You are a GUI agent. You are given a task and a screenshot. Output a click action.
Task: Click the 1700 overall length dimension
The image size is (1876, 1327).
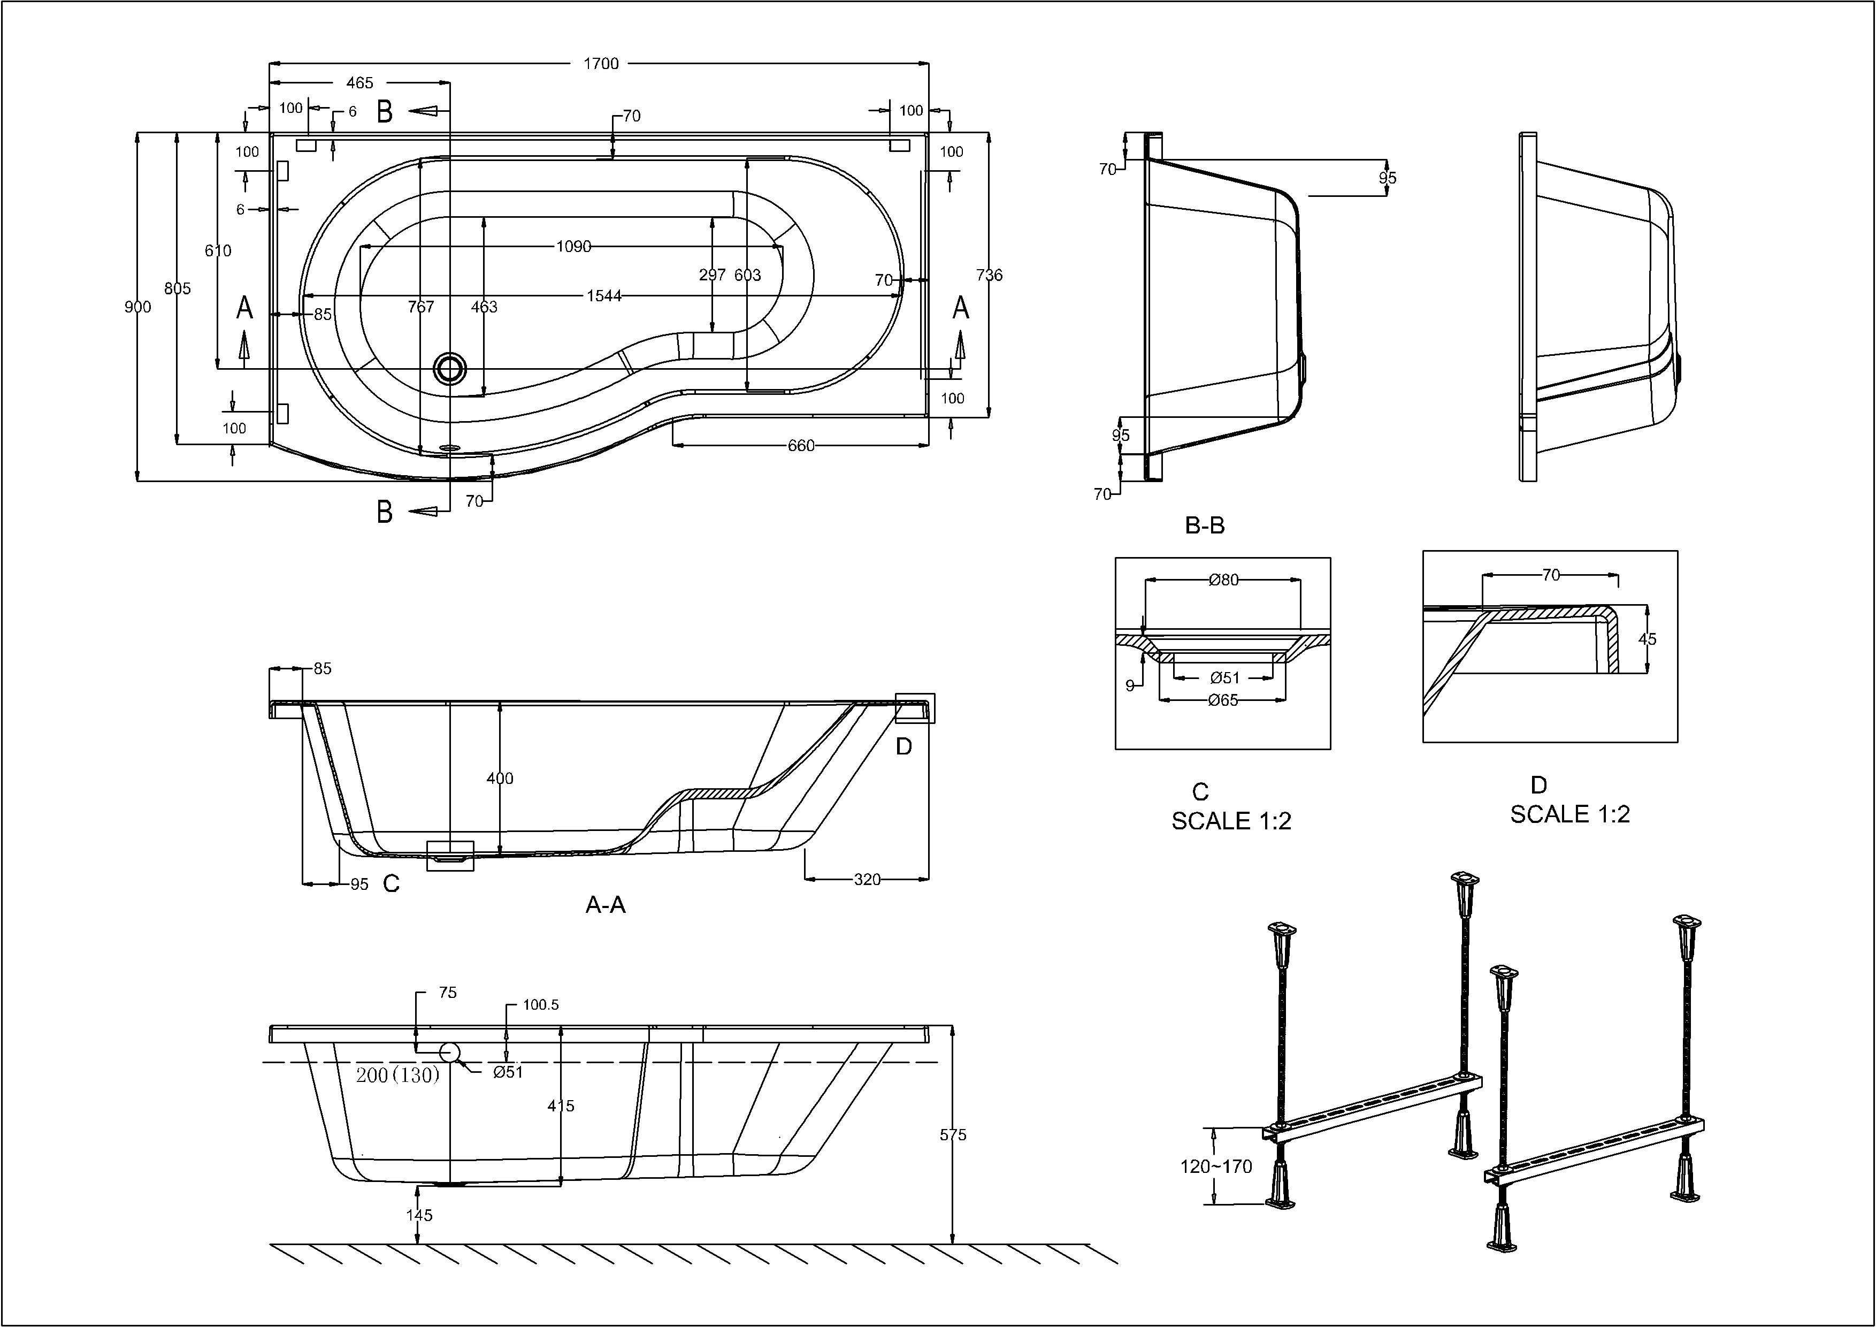pyautogui.click(x=601, y=64)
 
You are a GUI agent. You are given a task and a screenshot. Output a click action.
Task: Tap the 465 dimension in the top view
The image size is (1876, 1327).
pyautogui.click(x=359, y=82)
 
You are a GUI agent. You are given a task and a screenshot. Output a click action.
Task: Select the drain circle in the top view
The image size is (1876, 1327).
pyautogui.click(x=449, y=369)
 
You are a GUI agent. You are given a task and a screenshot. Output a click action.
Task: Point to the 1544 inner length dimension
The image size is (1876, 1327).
pyautogui.click(x=604, y=296)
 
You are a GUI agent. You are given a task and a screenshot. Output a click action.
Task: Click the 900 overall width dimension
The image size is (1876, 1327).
pyautogui.click(x=137, y=307)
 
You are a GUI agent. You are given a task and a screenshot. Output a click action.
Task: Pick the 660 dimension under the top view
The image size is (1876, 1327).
pyautogui.click(x=801, y=445)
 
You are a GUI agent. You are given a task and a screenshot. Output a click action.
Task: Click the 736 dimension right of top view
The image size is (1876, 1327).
pyautogui.click(x=990, y=276)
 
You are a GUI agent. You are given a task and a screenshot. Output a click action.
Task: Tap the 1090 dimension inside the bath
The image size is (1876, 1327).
pyautogui.click(x=573, y=247)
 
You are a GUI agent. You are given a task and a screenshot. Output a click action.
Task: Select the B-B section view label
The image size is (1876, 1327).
pyautogui.click(x=1204, y=525)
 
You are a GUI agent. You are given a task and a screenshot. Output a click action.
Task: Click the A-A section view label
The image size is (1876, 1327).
pyautogui.click(x=606, y=904)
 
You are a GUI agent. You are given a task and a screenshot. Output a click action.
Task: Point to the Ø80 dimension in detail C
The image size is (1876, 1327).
pyautogui.click(x=1223, y=580)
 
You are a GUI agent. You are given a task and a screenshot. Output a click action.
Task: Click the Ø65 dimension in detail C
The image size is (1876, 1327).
pyautogui.click(x=1223, y=700)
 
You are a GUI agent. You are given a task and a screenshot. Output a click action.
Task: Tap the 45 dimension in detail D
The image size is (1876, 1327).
pyautogui.click(x=1647, y=639)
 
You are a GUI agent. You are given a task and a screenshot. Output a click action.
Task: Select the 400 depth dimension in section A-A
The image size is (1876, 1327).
pyautogui.click(x=500, y=779)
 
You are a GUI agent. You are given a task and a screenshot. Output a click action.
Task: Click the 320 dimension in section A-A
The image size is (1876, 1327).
pyautogui.click(x=867, y=879)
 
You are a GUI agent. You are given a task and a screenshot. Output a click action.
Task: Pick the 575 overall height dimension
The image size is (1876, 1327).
pyautogui.click(x=953, y=1135)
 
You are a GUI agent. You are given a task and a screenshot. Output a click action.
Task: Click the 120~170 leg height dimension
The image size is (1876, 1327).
pyautogui.click(x=1216, y=1167)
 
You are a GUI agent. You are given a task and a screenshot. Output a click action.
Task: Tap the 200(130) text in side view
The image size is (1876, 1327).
pyautogui.click(x=398, y=1076)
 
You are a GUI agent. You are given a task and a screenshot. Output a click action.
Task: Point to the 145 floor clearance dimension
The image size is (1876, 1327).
pyautogui.click(x=419, y=1215)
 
